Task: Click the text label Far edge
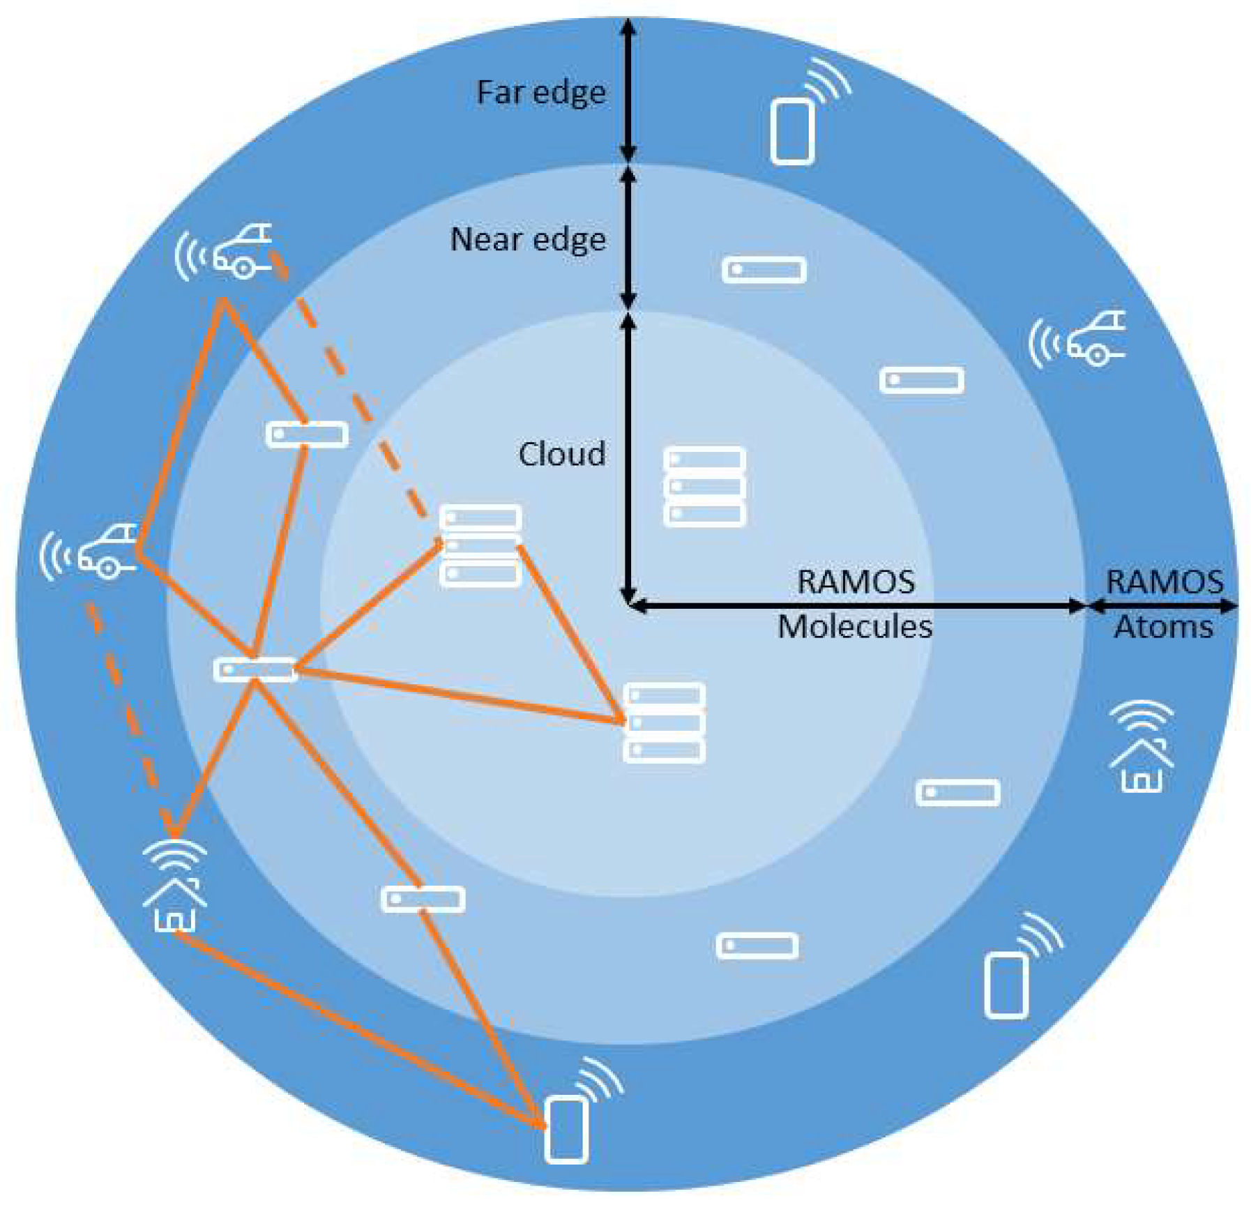(540, 93)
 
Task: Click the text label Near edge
(528, 240)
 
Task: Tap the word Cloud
(561, 454)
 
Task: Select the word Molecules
(854, 626)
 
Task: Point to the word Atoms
(1163, 627)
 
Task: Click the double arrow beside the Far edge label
(628, 91)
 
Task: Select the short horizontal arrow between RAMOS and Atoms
(1161, 605)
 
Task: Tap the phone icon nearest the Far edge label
(793, 130)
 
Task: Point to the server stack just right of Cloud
(704, 487)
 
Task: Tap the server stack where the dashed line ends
(481, 545)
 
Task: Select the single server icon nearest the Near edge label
(764, 270)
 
